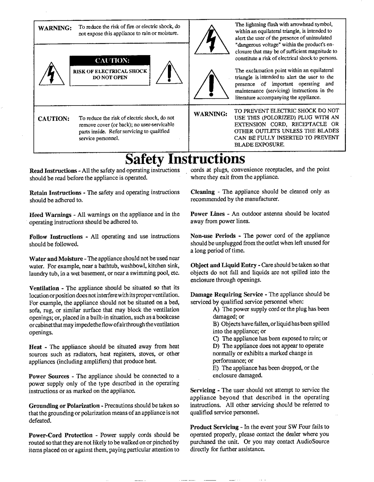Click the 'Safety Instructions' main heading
pyautogui.click(x=185, y=159)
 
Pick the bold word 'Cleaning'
pyautogui.click(x=203, y=192)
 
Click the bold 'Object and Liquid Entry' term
pyautogui.click(x=223, y=265)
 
